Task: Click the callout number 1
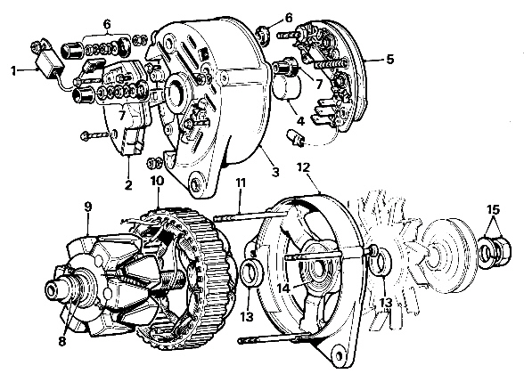click(x=13, y=71)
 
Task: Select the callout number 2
click(x=128, y=184)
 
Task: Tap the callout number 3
click(x=275, y=173)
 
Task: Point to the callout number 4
click(x=301, y=121)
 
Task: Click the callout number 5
click(x=389, y=60)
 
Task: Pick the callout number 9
click(x=87, y=207)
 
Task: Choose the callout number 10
click(x=158, y=181)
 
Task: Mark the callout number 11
click(x=241, y=183)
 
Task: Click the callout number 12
click(x=303, y=167)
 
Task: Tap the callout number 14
click(x=283, y=288)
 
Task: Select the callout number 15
click(x=494, y=210)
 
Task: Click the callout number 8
click(x=62, y=342)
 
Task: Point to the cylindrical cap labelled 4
click(x=287, y=87)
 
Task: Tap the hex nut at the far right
click(x=500, y=250)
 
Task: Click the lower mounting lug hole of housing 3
click(x=194, y=183)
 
